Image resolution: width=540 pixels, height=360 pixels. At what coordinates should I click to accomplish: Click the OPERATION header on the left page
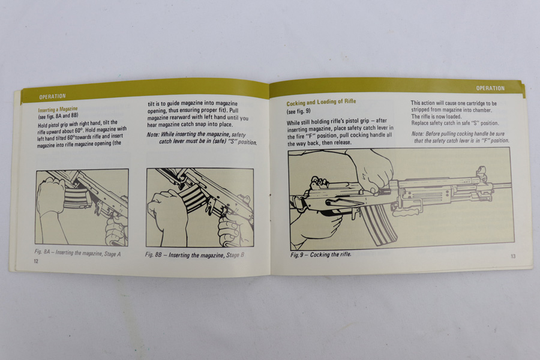pyautogui.click(x=52, y=97)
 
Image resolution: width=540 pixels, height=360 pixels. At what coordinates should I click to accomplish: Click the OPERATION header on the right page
pyautogui.click(x=490, y=88)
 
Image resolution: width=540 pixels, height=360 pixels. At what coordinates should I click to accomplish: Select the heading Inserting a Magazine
pyautogui.click(x=58, y=110)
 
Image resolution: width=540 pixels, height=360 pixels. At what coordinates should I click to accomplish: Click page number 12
pyautogui.click(x=36, y=261)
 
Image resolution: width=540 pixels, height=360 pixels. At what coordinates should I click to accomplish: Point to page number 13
pyautogui.click(x=513, y=256)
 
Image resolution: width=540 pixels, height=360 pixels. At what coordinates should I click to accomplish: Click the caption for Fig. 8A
pyautogui.click(x=77, y=253)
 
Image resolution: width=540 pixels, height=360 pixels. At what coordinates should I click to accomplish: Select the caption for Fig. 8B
pyautogui.click(x=194, y=255)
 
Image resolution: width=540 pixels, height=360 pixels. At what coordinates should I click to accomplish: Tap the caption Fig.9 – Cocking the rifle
pyautogui.click(x=320, y=254)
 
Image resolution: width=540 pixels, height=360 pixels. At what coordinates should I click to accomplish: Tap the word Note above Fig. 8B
pyautogui.click(x=152, y=134)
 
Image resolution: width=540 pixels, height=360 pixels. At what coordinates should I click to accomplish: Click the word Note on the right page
pyautogui.click(x=418, y=134)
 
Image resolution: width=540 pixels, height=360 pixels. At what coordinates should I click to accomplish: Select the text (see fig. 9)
pyautogui.click(x=298, y=111)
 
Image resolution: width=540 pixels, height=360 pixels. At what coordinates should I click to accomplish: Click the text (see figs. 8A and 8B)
pyautogui.click(x=58, y=116)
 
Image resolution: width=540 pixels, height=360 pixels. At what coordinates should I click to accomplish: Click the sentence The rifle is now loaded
pyautogui.click(x=436, y=116)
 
